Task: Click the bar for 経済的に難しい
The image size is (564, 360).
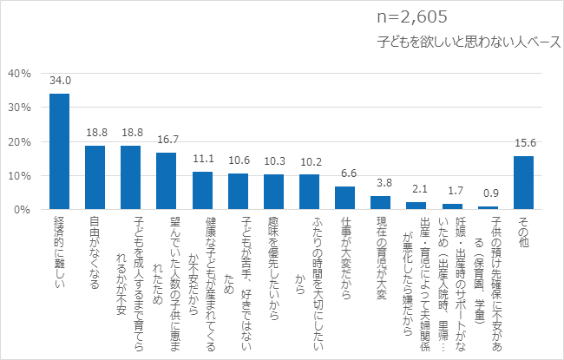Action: pyautogui.click(x=59, y=152)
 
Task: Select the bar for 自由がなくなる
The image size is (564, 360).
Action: pyautogui.click(x=95, y=178)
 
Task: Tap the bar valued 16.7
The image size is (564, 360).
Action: pyautogui.click(x=166, y=181)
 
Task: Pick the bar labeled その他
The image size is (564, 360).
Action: pyautogui.click(x=523, y=183)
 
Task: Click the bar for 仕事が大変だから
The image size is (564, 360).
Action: pyautogui.click(x=344, y=199)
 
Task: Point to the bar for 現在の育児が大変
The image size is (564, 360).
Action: pyautogui.click(x=380, y=203)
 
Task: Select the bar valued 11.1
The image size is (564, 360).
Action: pyautogui.click(x=201, y=191)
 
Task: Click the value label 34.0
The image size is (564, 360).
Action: pyautogui.click(x=59, y=81)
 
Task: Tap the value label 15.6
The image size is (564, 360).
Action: pyautogui.click(x=523, y=144)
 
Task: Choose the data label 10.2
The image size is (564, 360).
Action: pyautogui.click(x=309, y=162)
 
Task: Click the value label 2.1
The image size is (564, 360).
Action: pyautogui.click(x=416, y=190)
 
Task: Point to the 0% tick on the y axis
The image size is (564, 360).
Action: pyautogui.click(x=23, y=210)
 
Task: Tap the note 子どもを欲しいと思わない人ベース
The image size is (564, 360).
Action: pyautogui.click(x=469, y=41)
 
